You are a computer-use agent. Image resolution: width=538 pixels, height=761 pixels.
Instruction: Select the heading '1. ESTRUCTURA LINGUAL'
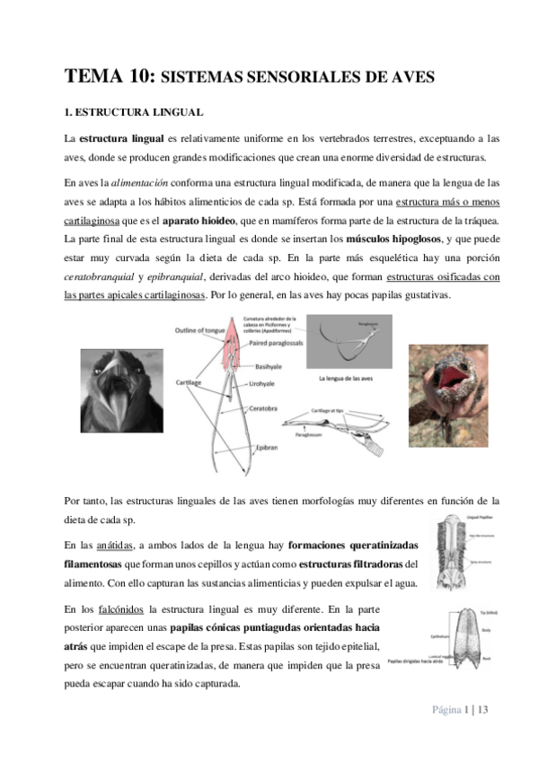tap(135, 113)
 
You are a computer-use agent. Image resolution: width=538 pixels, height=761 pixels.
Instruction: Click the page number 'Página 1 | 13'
tap(461, 710)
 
